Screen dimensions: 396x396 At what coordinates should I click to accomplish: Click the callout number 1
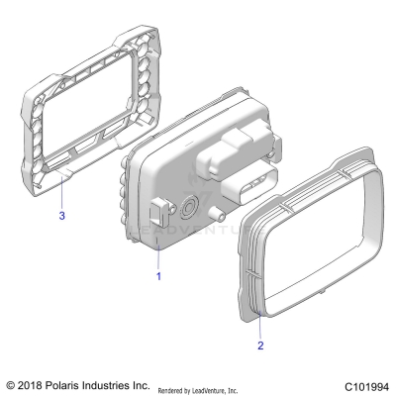158,277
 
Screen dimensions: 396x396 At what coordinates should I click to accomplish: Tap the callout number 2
260,346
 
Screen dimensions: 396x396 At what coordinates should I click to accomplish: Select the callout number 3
62,214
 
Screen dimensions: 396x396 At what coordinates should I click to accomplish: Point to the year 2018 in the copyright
36,384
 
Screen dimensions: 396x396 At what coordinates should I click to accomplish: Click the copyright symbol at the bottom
11,384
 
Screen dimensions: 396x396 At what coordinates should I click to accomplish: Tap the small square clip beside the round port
159,211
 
